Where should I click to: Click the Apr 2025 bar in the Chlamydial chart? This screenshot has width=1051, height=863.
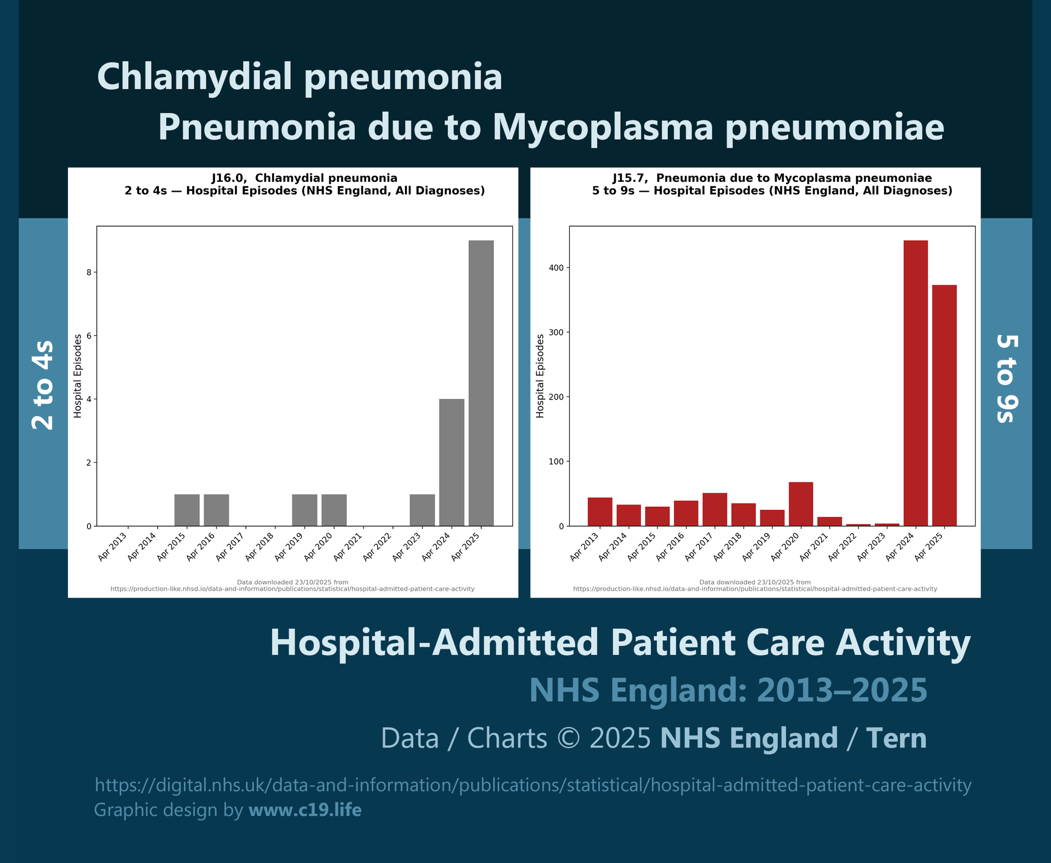pyautogui.click(x=481, y=383)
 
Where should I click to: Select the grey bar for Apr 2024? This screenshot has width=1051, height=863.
pyautogui.click(x=452, y=463)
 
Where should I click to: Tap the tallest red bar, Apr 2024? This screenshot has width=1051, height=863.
pyautogui.click(x=915, y=383)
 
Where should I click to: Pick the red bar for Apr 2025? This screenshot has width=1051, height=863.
pyautogui.click(x=944, y=405)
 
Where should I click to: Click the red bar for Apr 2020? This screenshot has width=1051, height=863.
pyautogui.click(x=800, y=504)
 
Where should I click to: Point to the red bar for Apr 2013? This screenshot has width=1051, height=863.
pyautogui.click(x=600, y=511)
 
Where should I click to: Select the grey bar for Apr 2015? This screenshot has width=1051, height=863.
pyautogui.click(x=187, y=510)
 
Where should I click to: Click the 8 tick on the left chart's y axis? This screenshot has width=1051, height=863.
pyautogui.click(x=89, y=272)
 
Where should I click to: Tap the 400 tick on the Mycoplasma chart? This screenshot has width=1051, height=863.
pyautogui.click(x=557, y=268)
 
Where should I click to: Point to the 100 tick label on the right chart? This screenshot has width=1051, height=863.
pyautogui.click(x=557, y=462)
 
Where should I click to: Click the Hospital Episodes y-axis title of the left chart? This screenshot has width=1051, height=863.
pyautogui.click(x=78, y=376)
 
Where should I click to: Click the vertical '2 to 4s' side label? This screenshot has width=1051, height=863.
pyautogui.click(x=43, y=384)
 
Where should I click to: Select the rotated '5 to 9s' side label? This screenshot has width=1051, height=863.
pyautogui.click(x=1007, y=378)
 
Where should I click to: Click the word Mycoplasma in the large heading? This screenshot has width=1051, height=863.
pyautogui.click(x=603, y=127)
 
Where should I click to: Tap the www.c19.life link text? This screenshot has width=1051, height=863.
pyautogui.click(x=305, y=809)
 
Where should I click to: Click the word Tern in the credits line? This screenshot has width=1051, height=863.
pyautogui.click(x=896, y=738)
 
